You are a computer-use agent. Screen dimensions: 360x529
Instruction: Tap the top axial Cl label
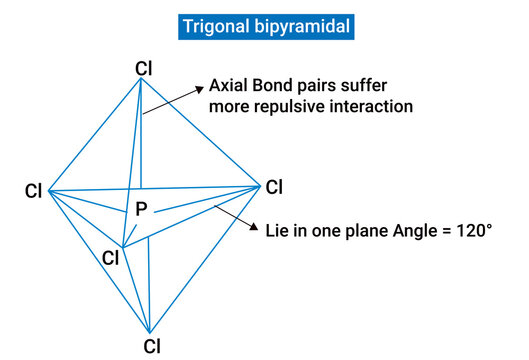point(144,68)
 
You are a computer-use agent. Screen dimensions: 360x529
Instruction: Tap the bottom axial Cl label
point(151,347)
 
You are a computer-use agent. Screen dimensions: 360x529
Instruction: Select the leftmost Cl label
point(34,190)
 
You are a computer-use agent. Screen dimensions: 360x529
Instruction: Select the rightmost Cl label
point(274,186)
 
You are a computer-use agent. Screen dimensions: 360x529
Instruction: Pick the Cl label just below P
point(111,258)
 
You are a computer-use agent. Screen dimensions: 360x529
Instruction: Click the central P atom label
point(141,210)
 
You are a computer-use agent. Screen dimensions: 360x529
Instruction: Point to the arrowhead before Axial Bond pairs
point(197,87)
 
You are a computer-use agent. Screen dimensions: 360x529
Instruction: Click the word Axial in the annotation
point(229,86)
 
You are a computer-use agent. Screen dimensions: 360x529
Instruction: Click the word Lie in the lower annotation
point(278,230)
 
